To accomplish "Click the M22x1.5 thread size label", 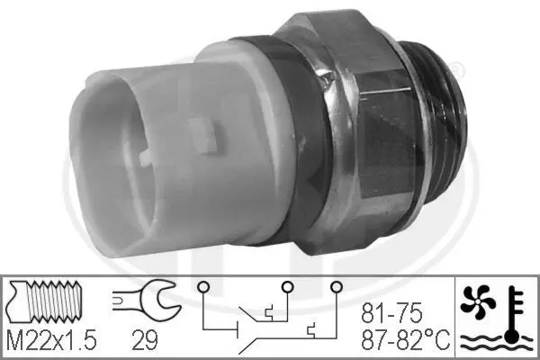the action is tap(51, 339).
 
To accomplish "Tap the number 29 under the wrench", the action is tap(145, 339).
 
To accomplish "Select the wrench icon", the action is tap(147, 299).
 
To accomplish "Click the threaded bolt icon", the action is tap(45, 301).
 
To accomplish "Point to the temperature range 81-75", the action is tap(391, 313).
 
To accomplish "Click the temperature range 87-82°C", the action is tap(405, 339).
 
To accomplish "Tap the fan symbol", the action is tap(478, 301).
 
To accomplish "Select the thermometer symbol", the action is tap(515, 315).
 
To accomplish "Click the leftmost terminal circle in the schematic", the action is tap(202, 286).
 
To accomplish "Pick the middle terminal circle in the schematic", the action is tap(287, 286).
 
